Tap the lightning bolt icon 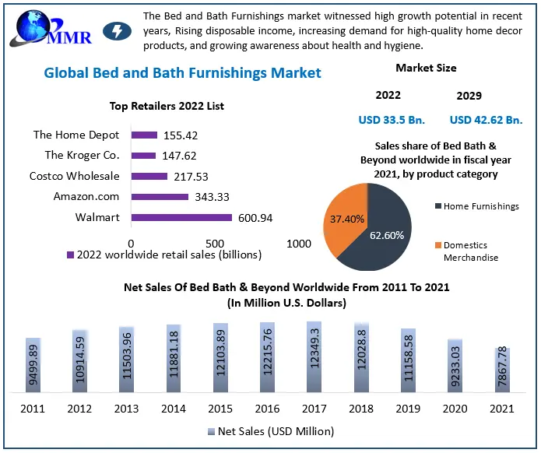(x=117, y=32)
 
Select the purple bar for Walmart (x=181, y=218)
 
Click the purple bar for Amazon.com (x=160, y=197)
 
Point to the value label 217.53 (x=191, y=177)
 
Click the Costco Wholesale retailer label (x=75, y=177)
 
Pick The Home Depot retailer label (x=76, y=135)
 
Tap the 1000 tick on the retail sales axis (x=299, y=244)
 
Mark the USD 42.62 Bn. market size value (x=486, y=120)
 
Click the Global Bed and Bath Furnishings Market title (x=182, y=73)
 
